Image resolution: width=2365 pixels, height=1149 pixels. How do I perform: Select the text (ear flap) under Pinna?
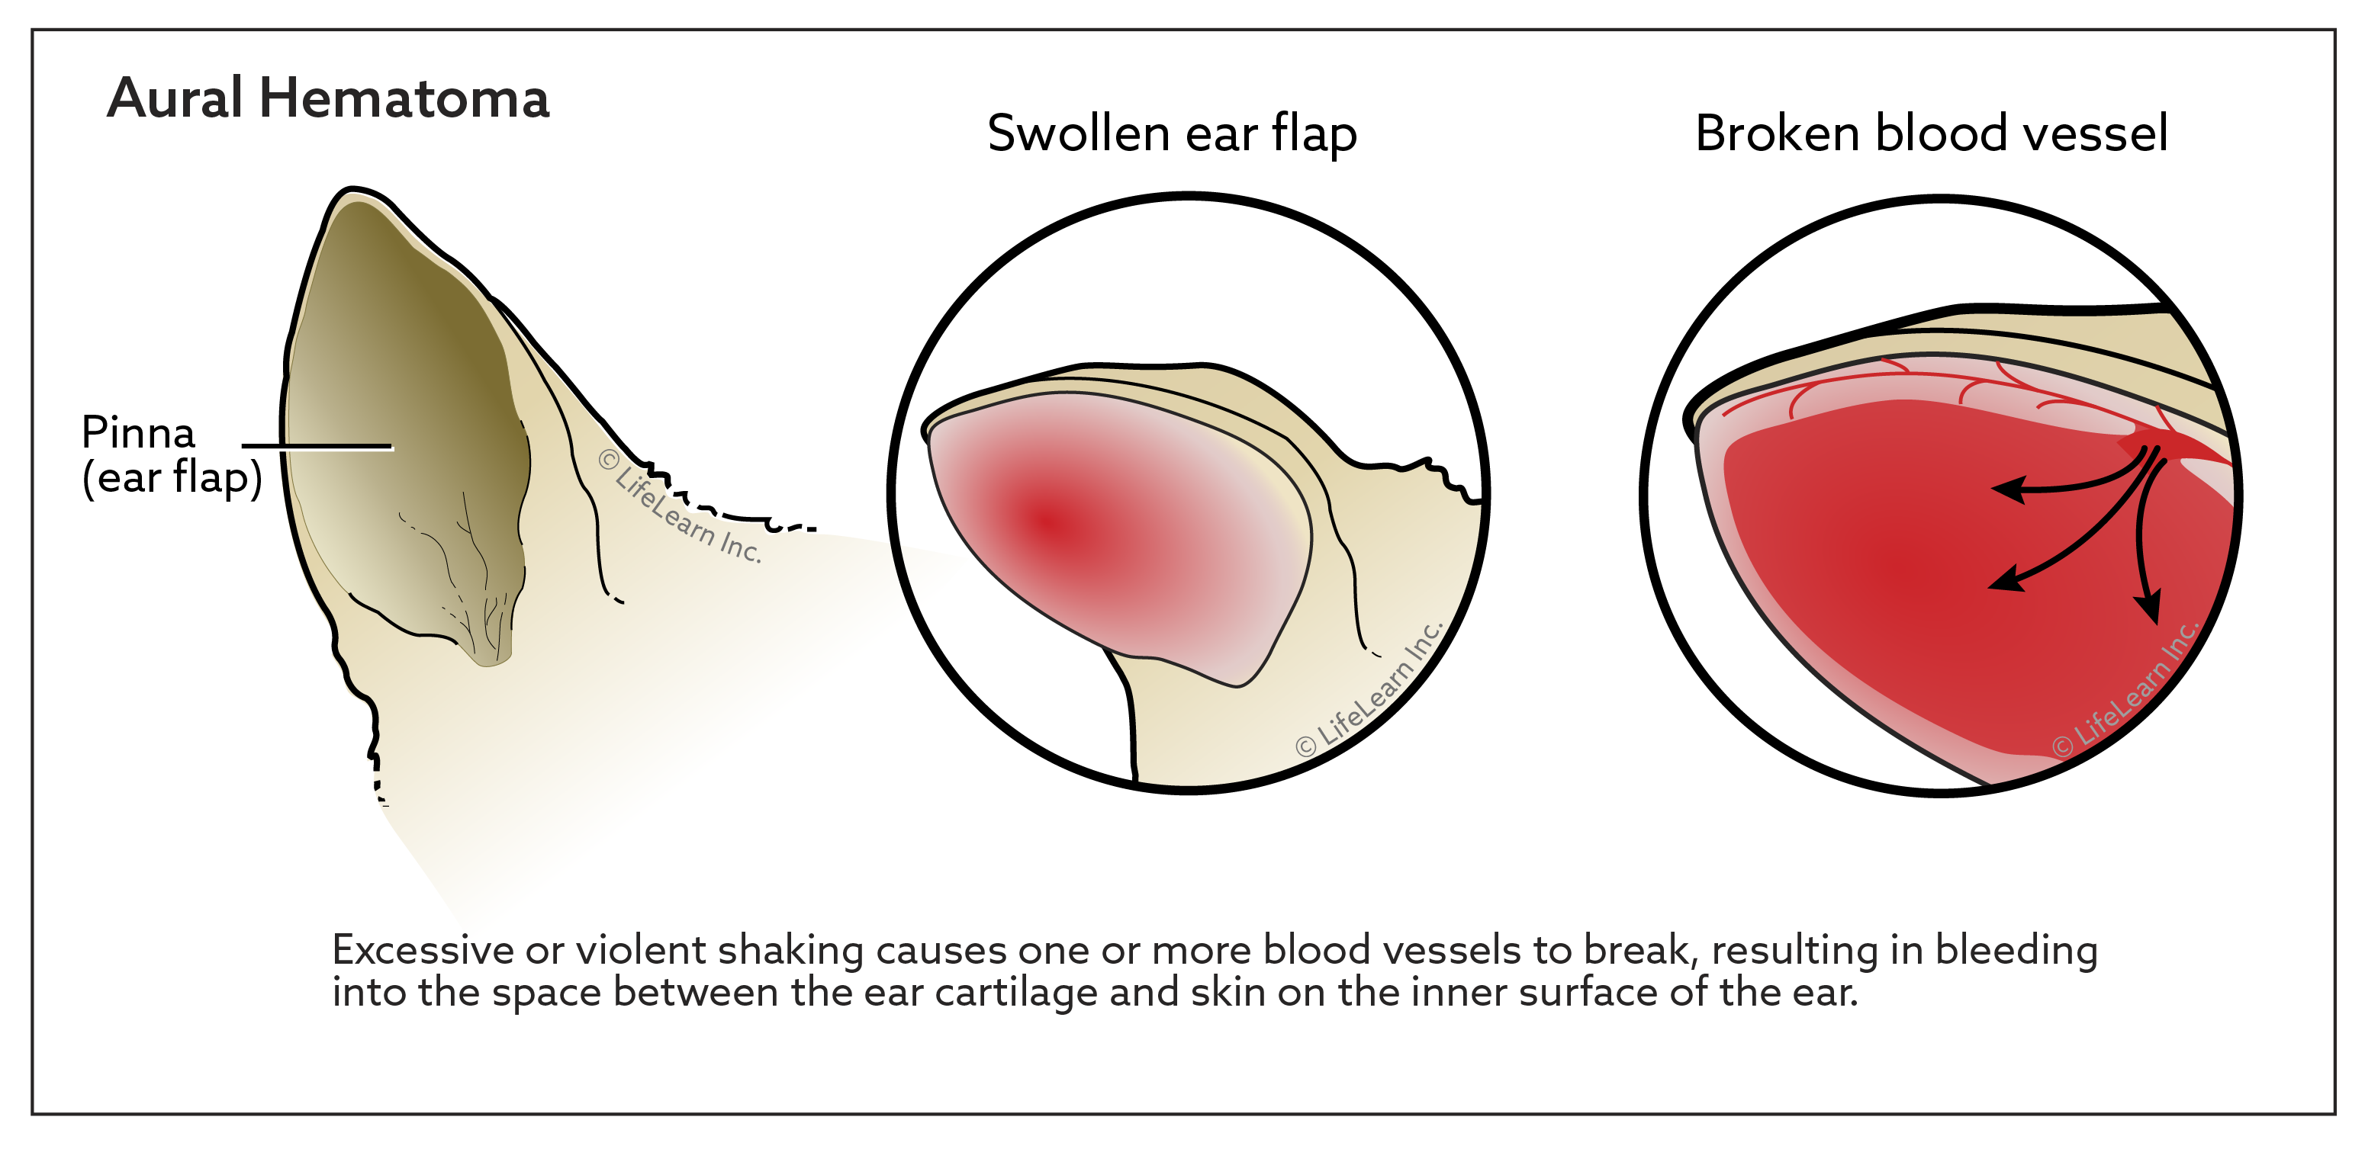[x=172, y=478]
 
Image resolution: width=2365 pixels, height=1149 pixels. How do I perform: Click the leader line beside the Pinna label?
[x=317, y=447]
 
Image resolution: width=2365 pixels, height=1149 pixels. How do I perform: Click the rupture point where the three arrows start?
[x=2154, y=450]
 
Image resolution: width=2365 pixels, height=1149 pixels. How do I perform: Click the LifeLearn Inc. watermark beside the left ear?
[x=680, y=505]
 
